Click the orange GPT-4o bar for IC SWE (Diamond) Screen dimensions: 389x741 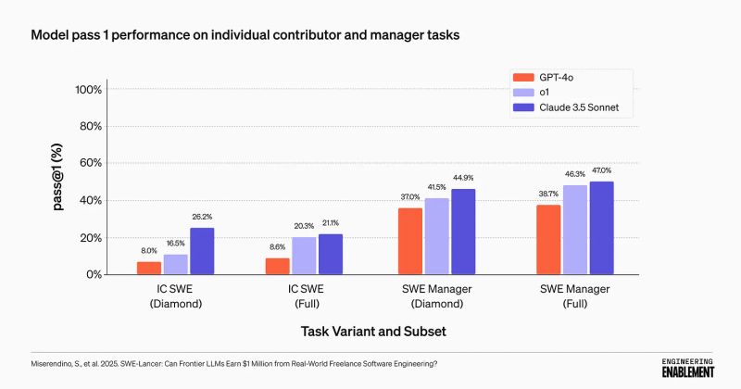click(x=148, y=268)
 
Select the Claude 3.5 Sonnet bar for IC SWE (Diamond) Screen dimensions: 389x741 click(x=201, y=251)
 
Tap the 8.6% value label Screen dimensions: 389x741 click(x=279, y=248)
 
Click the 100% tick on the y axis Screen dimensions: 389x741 click(x=89, y=90)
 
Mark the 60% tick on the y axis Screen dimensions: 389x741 click(x=92, y=164)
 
